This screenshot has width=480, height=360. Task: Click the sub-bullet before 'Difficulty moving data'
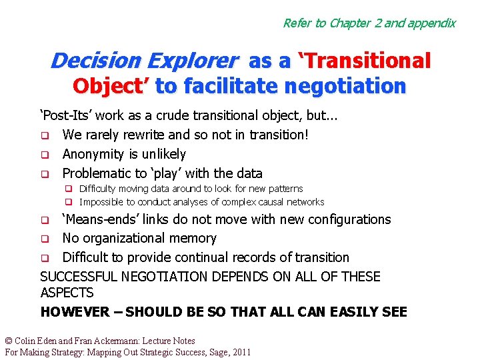tap(68, 189)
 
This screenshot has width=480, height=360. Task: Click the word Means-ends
tap(97, 219)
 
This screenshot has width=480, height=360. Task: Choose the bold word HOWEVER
tap(75, 312)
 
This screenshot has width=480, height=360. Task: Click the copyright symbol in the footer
tap(9, 341)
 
